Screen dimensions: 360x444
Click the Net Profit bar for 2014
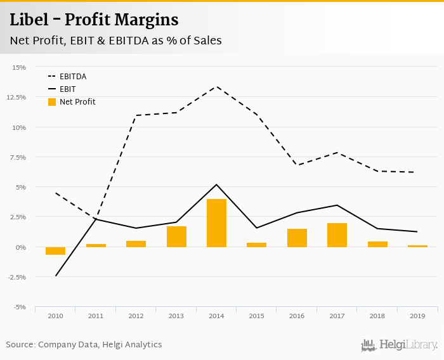[x=216, y=223]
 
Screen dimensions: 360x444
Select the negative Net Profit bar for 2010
[x=56, y=251]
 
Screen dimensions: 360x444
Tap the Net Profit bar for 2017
[x=337, y=235]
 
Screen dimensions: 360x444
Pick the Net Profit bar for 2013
[x=176, y=236]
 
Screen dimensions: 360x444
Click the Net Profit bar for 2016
[x=297, y=238]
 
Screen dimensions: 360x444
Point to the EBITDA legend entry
[x=72, y=77]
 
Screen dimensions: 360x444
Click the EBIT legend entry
[x=67, y=89]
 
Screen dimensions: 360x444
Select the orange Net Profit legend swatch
[x=52, y=102]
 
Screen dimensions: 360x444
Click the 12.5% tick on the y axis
[x=17, y=97]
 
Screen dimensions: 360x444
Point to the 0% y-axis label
[x=21, y=247]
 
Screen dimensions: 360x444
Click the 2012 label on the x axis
[x=136, y=316]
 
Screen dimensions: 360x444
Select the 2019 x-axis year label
[x=417, y=316]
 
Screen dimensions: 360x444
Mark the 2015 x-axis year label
[x=256, y=316]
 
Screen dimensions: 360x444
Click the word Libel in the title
[x=30, y=20]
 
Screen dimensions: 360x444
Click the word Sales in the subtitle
[x=206, y=41]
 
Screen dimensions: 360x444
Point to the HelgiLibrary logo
[x=399, y=345]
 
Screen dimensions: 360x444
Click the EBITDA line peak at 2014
[x=216, y=86]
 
